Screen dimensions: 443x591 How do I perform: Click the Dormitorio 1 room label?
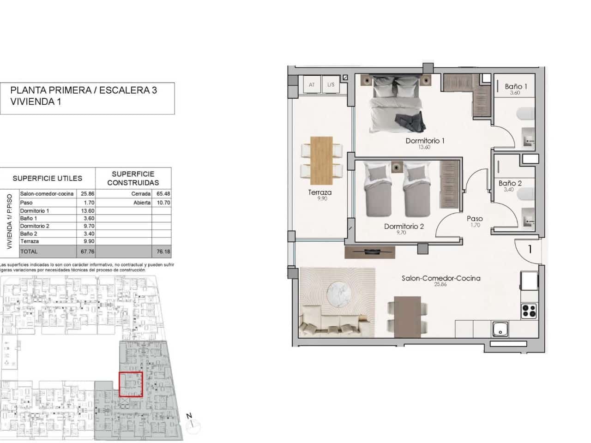pos(425,141)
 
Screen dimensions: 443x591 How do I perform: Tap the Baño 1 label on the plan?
pos(516,86)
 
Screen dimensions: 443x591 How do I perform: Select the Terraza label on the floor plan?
pos(320,192)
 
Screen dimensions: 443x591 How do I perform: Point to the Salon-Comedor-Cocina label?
pos(441,278)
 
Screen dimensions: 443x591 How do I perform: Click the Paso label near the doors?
pos(475,219)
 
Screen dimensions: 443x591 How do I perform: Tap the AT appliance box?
pos(312,85)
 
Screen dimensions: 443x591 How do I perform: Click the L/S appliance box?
pos(331,85)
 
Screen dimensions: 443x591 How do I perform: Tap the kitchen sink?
pos(500,329)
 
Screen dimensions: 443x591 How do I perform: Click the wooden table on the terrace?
pos(321,160)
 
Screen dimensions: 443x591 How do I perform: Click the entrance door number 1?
pos(530,249)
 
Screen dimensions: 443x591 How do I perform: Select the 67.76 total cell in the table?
pos(87,251)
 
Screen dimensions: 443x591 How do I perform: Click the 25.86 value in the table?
pos(87,194)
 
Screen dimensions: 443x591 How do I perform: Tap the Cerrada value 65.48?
pos(163,194)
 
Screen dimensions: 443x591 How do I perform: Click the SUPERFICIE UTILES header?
pos(48,178)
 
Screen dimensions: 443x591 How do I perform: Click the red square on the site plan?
pos(131,384)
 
